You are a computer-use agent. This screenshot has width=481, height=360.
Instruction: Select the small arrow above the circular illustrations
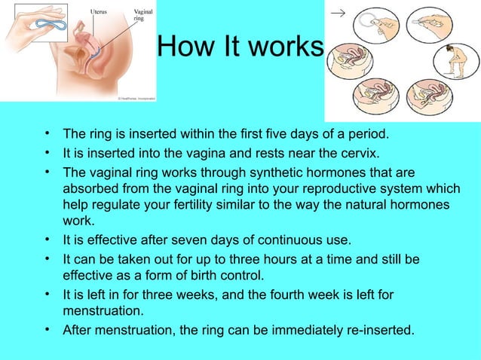click(338, 12)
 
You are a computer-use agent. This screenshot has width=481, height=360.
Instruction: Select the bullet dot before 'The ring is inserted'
click(47, 135)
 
